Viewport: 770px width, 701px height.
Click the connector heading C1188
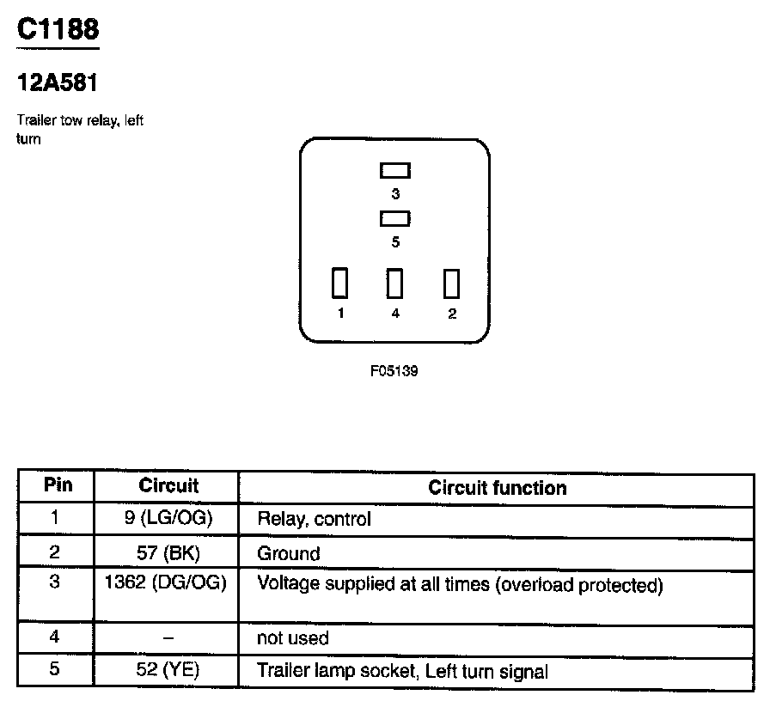pos(58,29)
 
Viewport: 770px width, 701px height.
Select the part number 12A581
pos(58,84)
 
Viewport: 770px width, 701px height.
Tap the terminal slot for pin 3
pos(395,171)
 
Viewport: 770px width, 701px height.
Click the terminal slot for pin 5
pos(395,219)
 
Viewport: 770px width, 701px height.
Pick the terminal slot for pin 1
pos(340,283)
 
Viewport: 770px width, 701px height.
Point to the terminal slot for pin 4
pos(395,283)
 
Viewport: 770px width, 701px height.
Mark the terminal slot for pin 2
pos(451,283)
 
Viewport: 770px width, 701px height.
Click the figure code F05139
pos(394,372)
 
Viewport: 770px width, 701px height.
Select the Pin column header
pos(58,485)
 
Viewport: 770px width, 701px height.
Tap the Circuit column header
pos(168,486)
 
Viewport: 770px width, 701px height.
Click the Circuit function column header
pos(498,488)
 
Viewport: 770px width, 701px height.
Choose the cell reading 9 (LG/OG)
pos(169,518)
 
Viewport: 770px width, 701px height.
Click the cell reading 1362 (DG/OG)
pos(165,583)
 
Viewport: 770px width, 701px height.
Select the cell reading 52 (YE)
pos(168,670)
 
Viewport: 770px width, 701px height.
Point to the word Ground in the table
pos(289,554)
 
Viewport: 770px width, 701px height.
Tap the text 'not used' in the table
pos(293,638)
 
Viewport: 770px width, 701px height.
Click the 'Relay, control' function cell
pos(315,520)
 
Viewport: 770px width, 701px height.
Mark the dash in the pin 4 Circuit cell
pos(168,638)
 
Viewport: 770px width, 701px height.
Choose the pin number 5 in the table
pos(54,669)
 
